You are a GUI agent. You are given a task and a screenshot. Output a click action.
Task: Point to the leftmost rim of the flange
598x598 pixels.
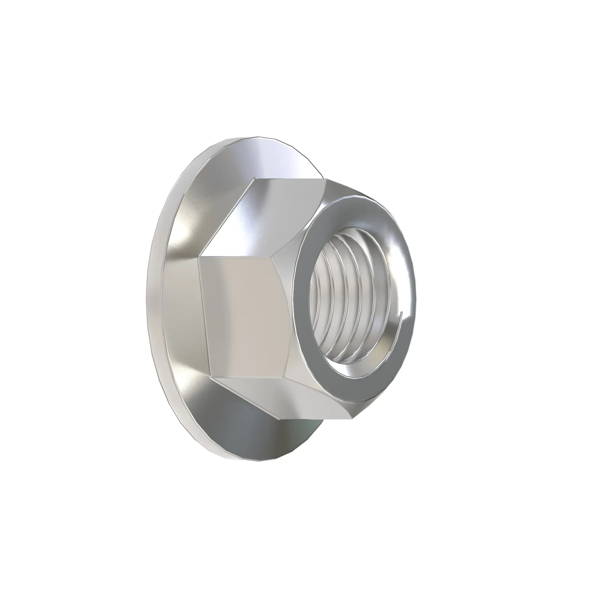[147, 297]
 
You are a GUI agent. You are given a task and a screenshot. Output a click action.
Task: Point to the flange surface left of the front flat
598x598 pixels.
[179, 309]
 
